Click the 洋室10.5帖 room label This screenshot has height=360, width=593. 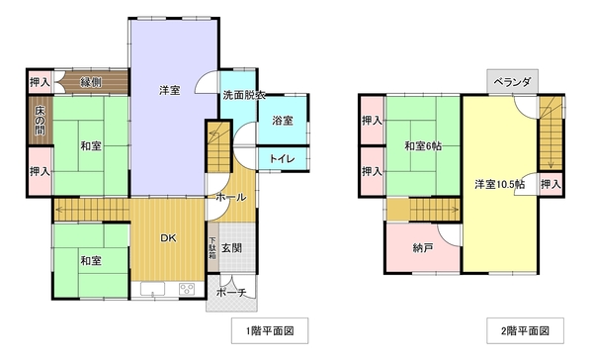pos(499,185)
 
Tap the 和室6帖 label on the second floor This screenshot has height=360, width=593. pos(423,146)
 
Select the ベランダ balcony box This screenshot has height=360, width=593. pos(512,81)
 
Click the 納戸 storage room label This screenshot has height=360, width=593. pos(423,248)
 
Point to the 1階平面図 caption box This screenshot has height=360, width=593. pos(270,331)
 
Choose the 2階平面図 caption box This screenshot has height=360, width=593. pos(525,331)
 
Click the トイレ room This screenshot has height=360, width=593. pos(282,158)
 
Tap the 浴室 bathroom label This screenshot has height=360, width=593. pos(282,121)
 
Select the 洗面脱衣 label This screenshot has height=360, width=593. pos(243,95)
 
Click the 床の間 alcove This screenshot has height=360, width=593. pos(41,121)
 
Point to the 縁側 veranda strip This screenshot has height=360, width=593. pos(91,82)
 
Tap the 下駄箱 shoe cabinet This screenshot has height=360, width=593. pos(212,247)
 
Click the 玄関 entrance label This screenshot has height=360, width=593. pos(231,248)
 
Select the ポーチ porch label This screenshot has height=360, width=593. pos(231,293)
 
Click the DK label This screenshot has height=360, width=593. pos(168,238)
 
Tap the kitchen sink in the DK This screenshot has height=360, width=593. pos(153,289)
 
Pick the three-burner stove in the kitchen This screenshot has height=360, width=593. pos(187,289)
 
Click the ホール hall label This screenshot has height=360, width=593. pos(231,197)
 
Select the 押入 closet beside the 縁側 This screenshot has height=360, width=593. pos(41,82)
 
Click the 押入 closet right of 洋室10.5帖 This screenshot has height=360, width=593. pos(551,185)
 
